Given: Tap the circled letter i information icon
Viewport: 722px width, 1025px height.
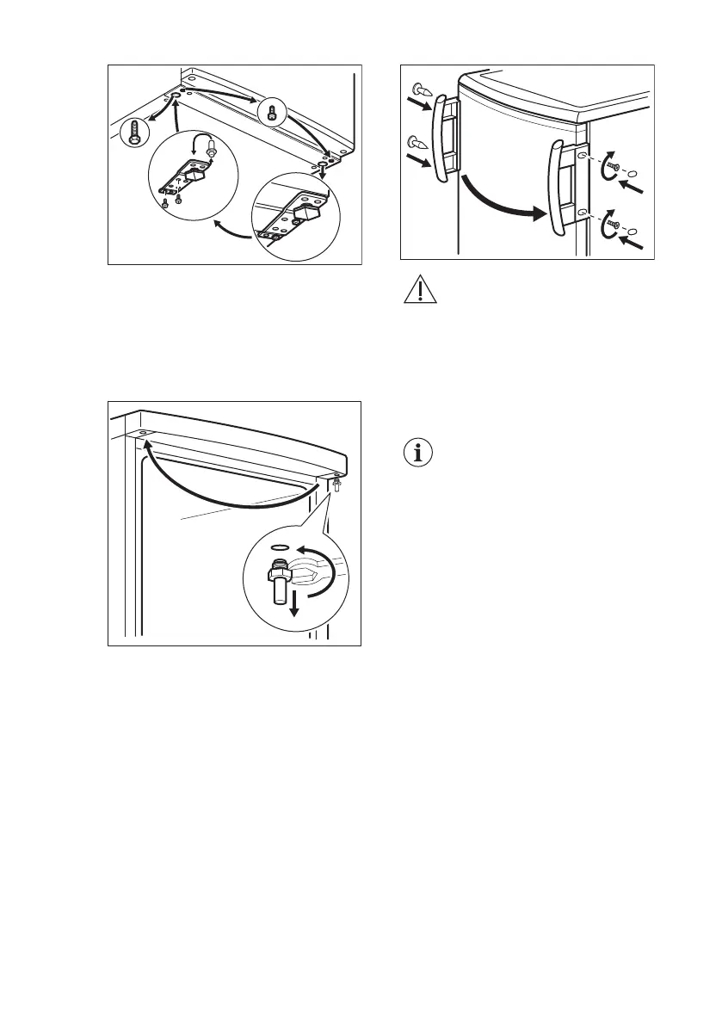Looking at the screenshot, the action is coord(419,454).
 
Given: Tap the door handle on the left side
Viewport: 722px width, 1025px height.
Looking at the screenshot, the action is coord(444,138).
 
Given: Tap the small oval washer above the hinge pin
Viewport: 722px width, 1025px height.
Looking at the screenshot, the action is coord(277,545).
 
